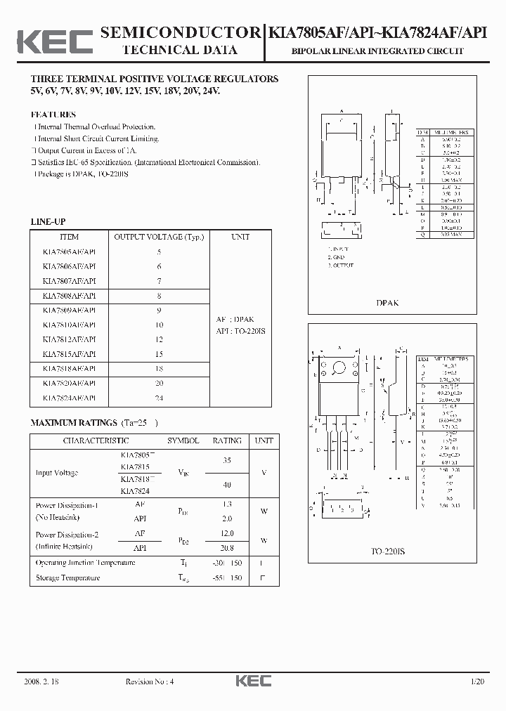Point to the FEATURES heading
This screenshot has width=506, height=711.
click(53, 115)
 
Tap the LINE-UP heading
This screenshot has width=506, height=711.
click(48, 221)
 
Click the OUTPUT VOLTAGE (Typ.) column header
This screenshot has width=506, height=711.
click(159, 237)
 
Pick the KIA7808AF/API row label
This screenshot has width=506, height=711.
click(70, 296)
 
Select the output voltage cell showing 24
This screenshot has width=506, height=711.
click(159, 398)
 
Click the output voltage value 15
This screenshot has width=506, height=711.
click(159, 354)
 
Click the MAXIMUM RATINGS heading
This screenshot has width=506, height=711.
click(74, 423)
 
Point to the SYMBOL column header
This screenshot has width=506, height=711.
click(183, 441)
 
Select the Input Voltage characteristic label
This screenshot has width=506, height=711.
click(57, 473)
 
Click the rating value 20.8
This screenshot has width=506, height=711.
click(227, 547)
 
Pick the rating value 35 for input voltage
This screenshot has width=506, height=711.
click(227, 461)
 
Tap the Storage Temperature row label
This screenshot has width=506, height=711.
click(68, 578)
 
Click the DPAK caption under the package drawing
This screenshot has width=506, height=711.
click(388, 303)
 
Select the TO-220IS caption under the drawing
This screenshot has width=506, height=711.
click(388, 552)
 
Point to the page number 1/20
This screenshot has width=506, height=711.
click(479, 681)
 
